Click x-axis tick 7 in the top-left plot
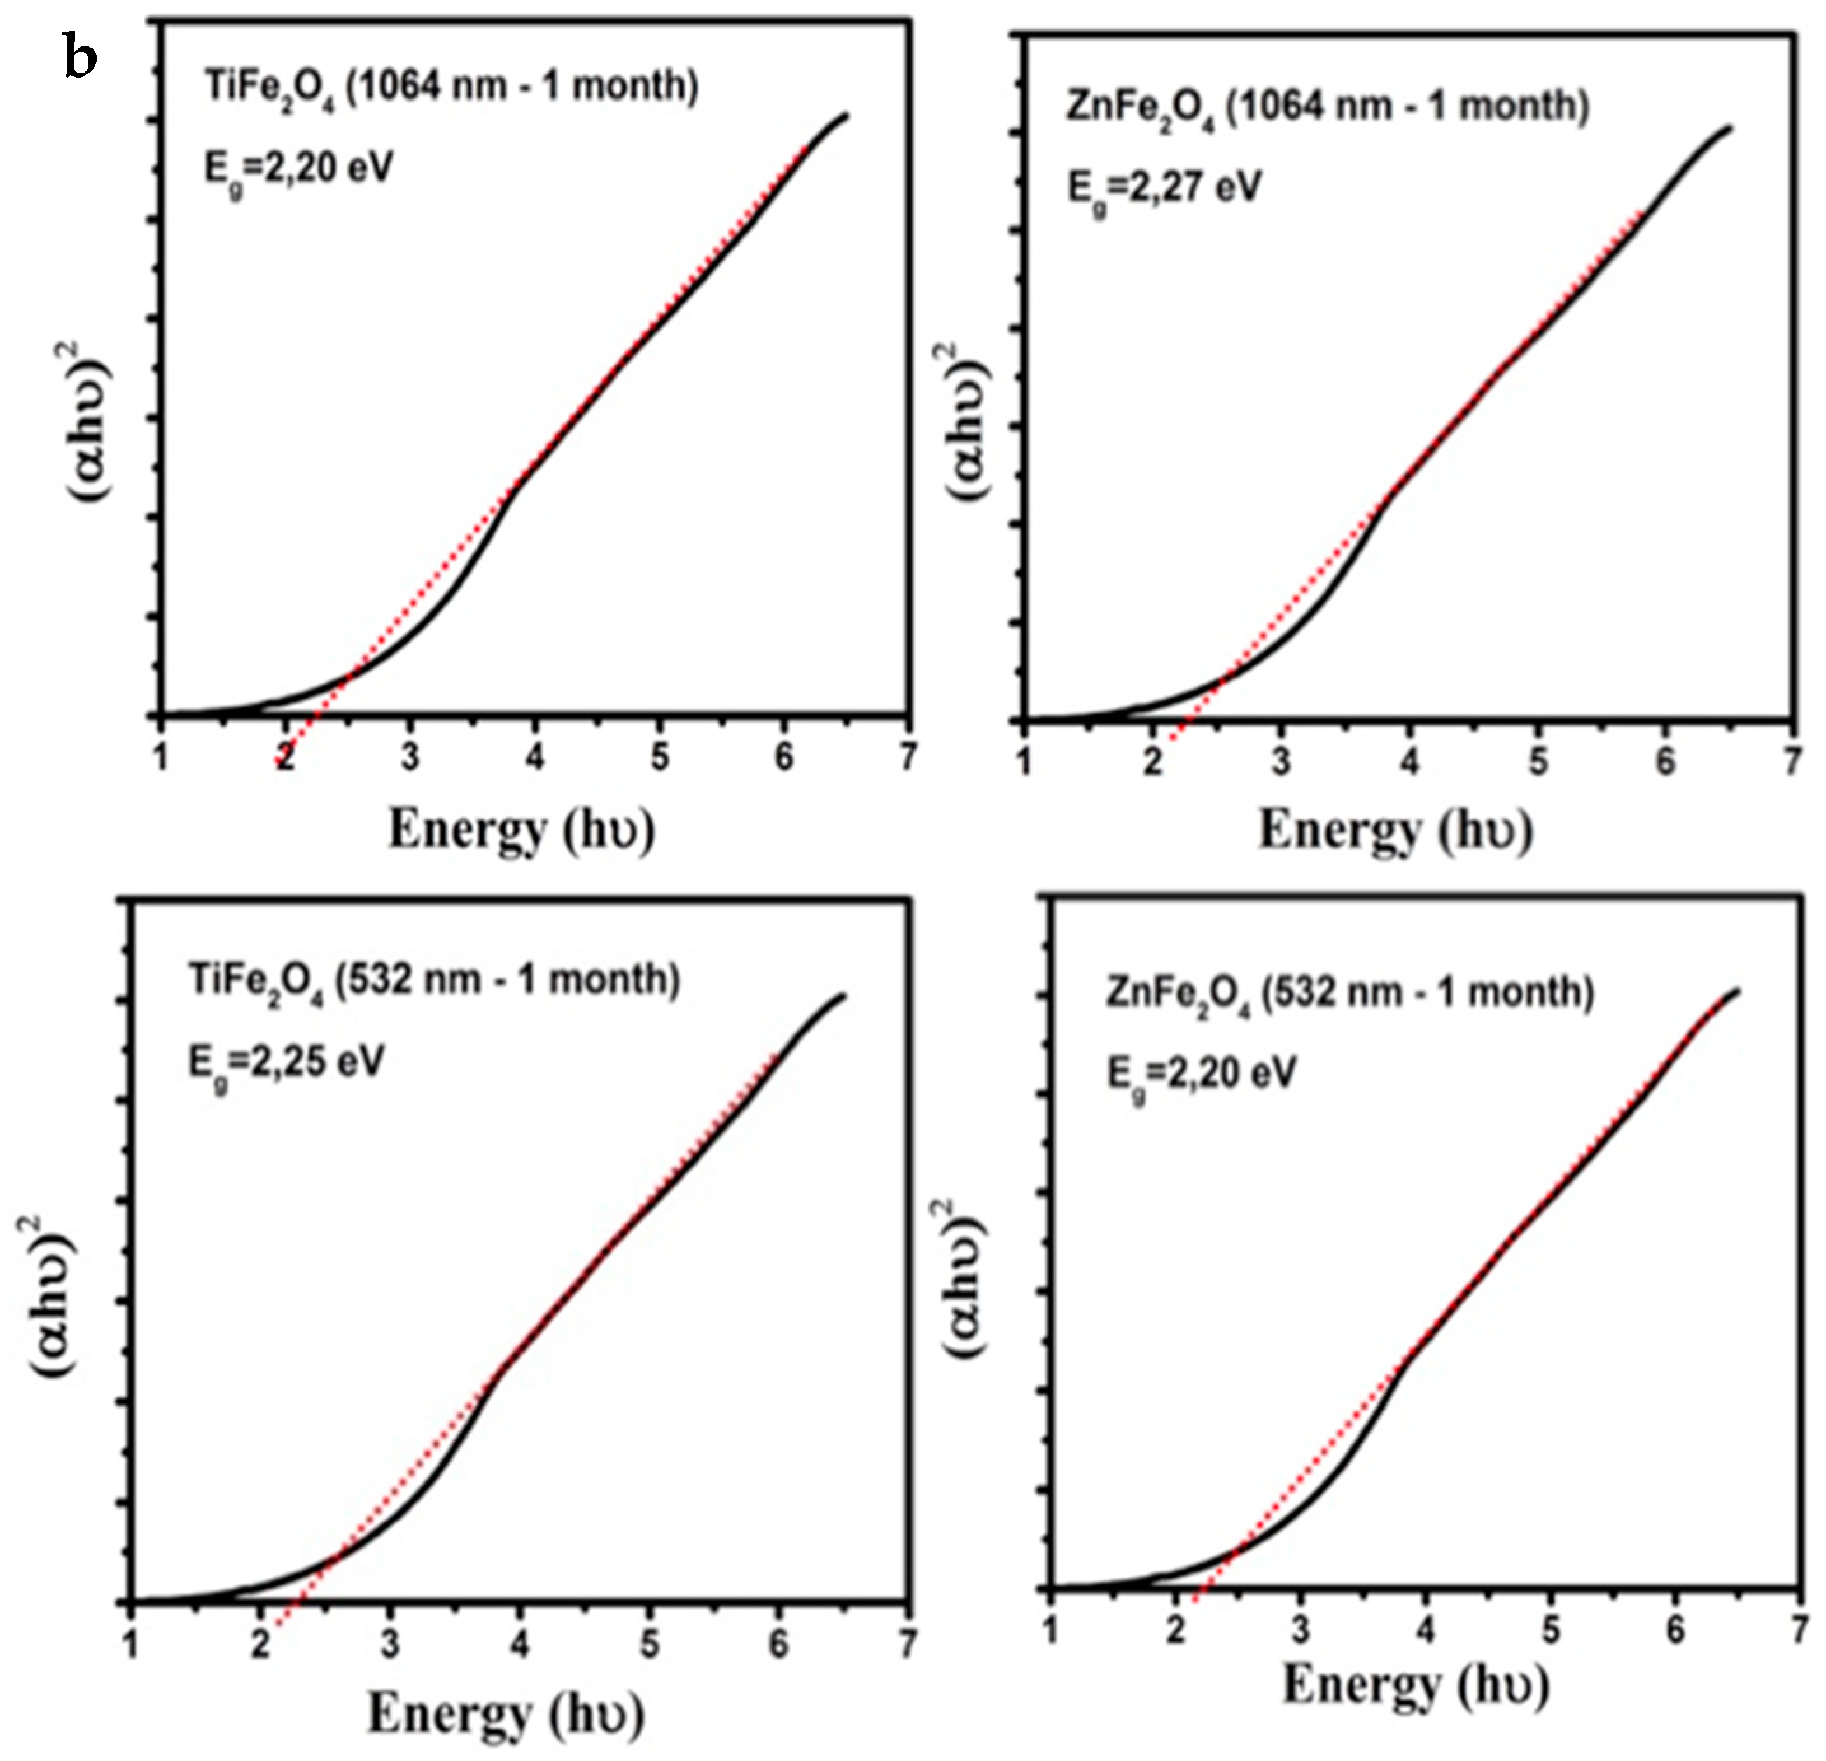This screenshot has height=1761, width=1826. pos(909,756)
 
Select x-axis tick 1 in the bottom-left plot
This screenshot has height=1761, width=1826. pos(131,1645)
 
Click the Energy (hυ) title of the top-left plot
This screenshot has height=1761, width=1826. pos(521,829)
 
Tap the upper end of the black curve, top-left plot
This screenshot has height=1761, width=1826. pos(846,115)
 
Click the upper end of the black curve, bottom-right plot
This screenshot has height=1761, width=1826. pos(1738,991)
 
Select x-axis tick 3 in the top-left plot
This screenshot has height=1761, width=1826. pos(410,756)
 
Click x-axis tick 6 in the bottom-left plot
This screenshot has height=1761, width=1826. pos(779,1645)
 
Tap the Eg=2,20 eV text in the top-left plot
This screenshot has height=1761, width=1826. pos(298,171)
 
